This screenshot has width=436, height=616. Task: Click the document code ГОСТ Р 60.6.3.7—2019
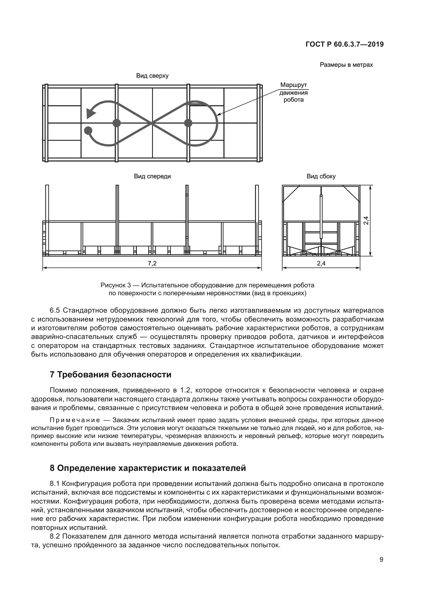[345, 44]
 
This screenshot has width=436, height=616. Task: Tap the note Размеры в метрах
[346, 65]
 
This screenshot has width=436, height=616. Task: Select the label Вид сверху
[152, 76]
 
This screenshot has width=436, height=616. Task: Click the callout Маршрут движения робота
[293, 92]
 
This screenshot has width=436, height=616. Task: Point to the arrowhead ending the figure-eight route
[90, 113]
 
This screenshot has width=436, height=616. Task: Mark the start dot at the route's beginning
[88, 131]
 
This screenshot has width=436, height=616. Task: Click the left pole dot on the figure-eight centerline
[117, 123]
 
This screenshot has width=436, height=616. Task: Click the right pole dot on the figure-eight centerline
[188, 123]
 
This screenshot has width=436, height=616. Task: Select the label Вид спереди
[152, 176]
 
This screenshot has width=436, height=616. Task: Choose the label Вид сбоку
[321, 176]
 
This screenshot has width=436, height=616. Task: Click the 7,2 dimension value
[152, 263]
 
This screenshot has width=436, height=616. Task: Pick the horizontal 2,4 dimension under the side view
[321, 263]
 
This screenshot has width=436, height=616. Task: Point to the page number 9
[381, 560]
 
